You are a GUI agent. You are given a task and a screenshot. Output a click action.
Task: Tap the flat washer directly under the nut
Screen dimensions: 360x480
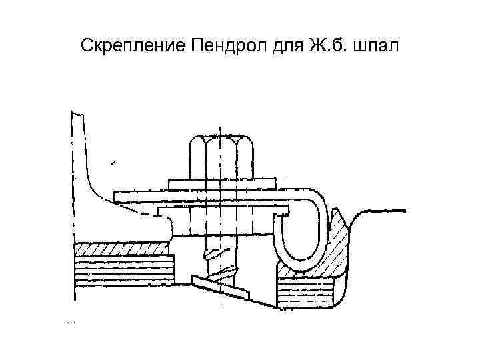pyautogui.click(x=221, y=182)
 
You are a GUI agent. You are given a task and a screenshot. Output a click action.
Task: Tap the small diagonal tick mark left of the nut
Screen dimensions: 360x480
pyautogui.click(x=115, y=161)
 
